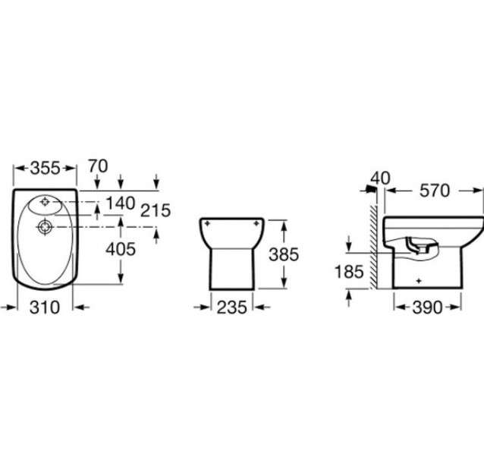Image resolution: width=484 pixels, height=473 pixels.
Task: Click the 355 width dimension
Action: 45,169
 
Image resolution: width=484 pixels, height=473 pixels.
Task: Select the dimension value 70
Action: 98,166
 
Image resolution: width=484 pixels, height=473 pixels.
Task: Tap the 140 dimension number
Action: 121,203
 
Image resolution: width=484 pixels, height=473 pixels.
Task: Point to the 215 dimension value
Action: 156,211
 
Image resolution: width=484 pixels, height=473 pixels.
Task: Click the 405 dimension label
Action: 121,249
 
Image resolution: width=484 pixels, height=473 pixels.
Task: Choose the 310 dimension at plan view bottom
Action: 45,307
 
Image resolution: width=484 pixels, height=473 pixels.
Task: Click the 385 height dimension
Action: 284,255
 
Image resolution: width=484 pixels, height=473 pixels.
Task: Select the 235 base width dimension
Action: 232,307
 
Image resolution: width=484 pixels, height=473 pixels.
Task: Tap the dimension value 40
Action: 380,178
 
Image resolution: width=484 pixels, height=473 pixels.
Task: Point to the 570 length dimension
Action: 434,191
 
